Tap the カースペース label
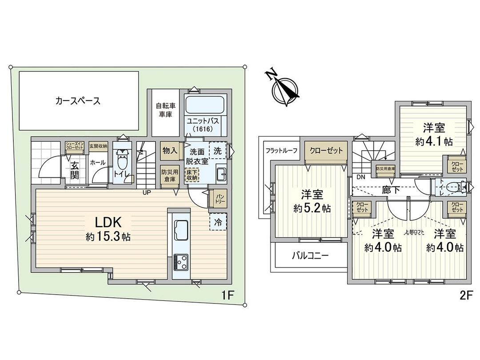coord(78,101)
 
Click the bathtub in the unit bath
coord(206,105)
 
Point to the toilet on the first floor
coord(121,160)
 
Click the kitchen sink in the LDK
coord(181,229)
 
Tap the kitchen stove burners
coord(181,262)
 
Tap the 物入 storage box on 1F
coord(170,151)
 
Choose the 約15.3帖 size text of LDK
coord(108,237)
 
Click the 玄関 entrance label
coord(74,170)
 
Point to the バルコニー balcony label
coord(310,256)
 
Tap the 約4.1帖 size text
coord(434,142)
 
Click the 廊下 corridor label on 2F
coord(391,189)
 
